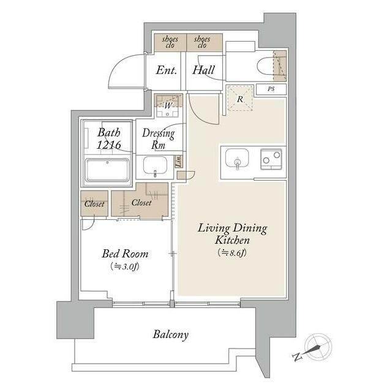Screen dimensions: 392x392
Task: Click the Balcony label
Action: [170, 335]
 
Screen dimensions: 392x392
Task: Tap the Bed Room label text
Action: [125, 254]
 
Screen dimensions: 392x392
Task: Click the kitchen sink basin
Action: [237, 159]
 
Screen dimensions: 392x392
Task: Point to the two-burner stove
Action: [271, 159]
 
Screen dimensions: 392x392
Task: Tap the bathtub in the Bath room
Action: [108, 170]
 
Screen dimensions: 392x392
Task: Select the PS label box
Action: [271, 89]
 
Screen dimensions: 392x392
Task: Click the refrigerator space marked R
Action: [240, 99]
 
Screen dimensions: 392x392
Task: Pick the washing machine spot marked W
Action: [168, 106]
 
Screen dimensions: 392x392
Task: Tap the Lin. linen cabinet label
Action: [178, 161]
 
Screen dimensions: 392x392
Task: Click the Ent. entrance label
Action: [166, 70]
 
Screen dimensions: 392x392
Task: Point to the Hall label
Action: [203, 70]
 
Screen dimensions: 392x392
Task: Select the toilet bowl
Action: [265, 66]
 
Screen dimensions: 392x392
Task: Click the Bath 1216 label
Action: [109, 139]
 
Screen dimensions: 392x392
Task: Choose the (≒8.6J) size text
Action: [232, 253]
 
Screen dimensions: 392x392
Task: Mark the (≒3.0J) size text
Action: [125, 267]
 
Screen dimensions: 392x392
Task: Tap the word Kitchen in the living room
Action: [232, 240]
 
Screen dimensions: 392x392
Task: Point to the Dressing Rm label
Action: [159, 139]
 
